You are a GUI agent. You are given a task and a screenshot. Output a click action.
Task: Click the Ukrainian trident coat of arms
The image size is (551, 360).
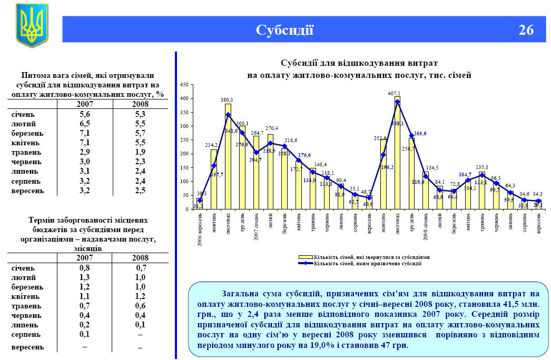tap(32, 25)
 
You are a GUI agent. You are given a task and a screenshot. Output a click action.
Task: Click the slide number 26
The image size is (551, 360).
tap(526, 30)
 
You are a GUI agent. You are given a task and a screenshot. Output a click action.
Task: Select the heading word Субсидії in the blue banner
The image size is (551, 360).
tap(284, 30)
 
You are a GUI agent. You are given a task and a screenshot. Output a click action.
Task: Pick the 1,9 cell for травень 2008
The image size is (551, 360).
tap(140, 153)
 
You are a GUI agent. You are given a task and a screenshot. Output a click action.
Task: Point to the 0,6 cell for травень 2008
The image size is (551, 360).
tap(140, 306)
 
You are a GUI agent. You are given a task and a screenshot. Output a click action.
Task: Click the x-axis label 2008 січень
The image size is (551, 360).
tap(426, 224)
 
